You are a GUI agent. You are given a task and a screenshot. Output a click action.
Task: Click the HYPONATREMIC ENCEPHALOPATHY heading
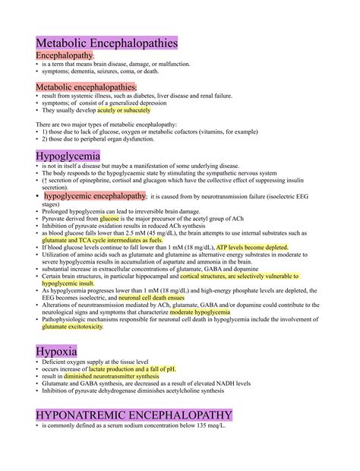134,415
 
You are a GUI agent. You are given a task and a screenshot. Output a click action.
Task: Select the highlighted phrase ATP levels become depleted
251,248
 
